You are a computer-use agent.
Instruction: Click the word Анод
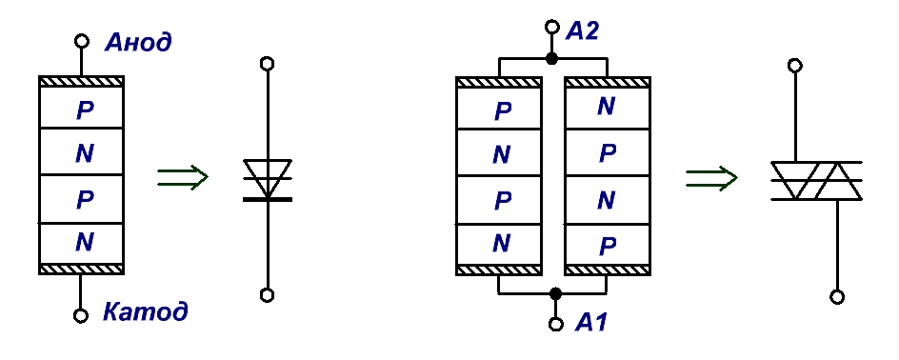coord(137,42)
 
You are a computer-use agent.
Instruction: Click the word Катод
coord(146,312)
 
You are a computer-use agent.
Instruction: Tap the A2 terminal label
coord(582,30)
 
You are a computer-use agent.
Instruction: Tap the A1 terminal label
coord(590,323)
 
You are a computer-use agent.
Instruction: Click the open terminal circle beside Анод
coord(81,41)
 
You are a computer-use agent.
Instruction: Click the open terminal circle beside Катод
coord(81,315)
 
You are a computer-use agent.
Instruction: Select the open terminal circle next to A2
coord(552,27)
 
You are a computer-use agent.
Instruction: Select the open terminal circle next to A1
coord(555,325)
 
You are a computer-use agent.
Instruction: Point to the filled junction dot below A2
coord(551,58)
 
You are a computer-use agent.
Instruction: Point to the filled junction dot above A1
coord(554,293)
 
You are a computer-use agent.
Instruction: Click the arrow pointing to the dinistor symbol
coord(182,177)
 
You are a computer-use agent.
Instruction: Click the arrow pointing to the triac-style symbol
coord(711,177)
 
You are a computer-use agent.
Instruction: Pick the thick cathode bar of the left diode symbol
coord(268,199)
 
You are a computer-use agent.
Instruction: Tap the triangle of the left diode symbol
coord(268,179)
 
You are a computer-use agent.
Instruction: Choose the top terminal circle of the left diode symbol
coord(267,63)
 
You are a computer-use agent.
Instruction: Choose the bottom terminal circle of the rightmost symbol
coord(837,297)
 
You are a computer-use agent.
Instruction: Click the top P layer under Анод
coord(81,108)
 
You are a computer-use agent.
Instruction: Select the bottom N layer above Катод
coord(81,244)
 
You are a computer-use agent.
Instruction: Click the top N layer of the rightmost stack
coord(608,108)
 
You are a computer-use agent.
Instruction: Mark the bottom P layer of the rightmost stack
coord(608,245)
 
